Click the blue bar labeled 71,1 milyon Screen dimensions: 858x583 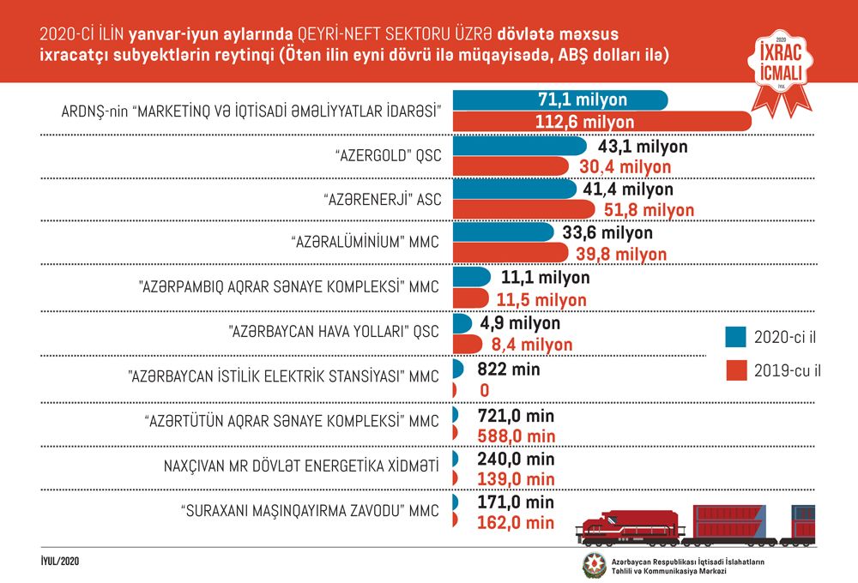tap(560, 100)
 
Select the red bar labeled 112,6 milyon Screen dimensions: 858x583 tap(602, 122)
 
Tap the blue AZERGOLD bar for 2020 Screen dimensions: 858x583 tap(520, 146)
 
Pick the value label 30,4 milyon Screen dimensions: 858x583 tap(625, 167)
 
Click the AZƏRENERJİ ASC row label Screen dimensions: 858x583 tap(382, 200)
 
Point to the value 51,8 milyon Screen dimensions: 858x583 tap(649, 210)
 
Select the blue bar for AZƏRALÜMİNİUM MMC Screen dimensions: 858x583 tap(504, 231)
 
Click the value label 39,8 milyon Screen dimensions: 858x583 tap(621, 255)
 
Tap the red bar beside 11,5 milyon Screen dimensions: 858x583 tap(470, 298)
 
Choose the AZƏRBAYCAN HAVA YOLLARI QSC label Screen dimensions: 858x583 tap(333, 332)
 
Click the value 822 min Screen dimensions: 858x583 tap(508, 370)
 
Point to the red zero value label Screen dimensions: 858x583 tap(484, 390)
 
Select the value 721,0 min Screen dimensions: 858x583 tap(516, 416)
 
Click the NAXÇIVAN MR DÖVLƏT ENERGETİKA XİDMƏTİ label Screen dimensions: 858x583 tap(301, 466)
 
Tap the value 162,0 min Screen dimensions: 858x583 tap(516, 523)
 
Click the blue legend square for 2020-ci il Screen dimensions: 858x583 tap(735, 337)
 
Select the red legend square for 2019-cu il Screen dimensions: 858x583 tap(736, 370)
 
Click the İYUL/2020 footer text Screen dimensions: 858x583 tap(60, 561)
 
